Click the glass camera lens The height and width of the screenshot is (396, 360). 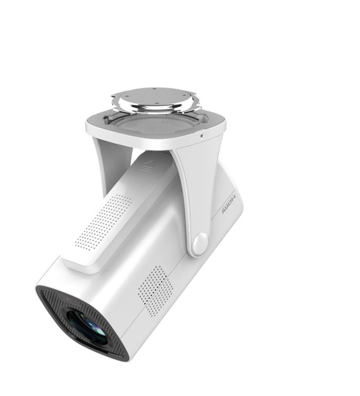87,326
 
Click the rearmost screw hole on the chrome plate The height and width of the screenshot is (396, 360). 154,89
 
